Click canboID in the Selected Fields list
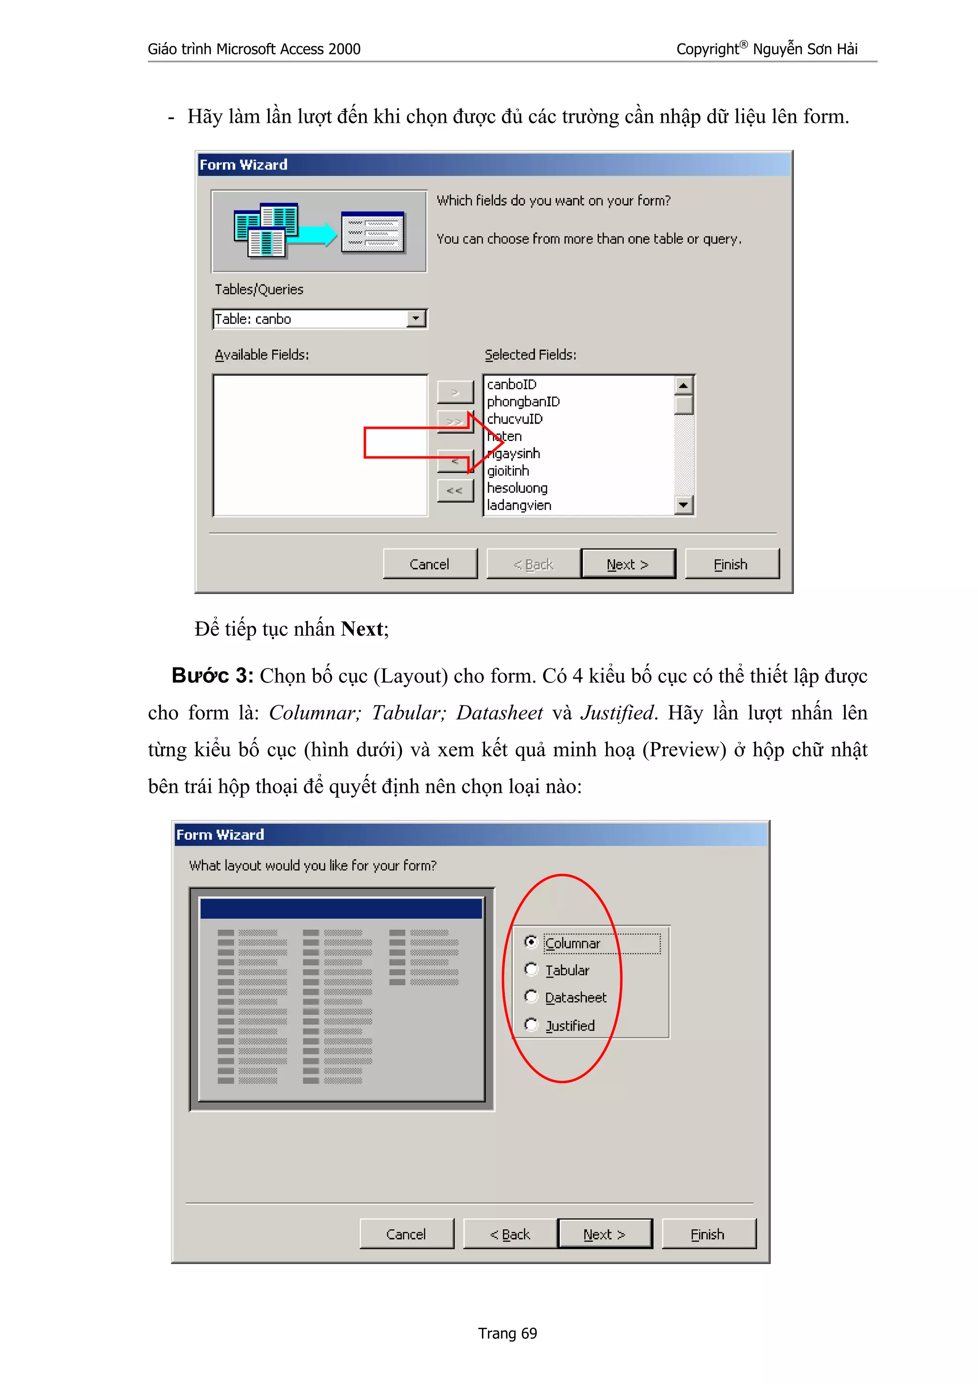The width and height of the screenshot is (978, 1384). pyautogui.click(x=511, y=384)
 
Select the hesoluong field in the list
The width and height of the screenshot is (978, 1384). pyautogui.click(x=517, y=488)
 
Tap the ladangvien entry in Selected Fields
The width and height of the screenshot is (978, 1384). pyautogui.click(x=519, y=505)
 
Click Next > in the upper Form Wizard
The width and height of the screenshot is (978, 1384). pyautogui.click(x=627, y=564)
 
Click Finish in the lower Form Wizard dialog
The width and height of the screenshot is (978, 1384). pyautogui.click(x=708, y=1234)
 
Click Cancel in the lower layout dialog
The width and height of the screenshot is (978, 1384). pyautogui.click(x=406, y=1234)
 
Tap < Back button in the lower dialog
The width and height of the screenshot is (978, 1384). pyautogui.click(x=510, y=1234)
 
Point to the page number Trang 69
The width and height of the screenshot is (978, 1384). pyautogui.click(x=507, y=1333)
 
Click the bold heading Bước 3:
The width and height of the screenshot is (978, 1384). pyautogui.click(x=212, y=676)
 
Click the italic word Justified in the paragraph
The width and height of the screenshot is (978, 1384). pyautogui.click(x=617, y=713)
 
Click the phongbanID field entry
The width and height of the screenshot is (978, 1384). pyautogui.click(x=523, y=402)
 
